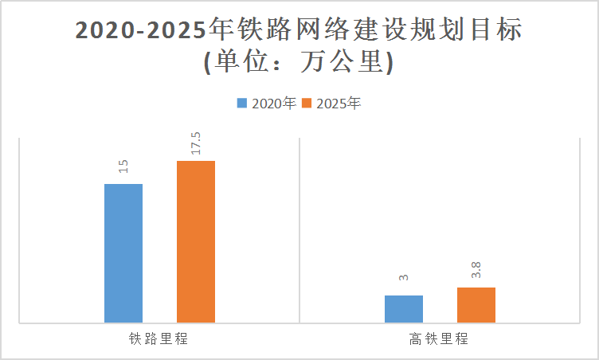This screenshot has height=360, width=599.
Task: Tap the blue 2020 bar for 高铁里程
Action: click(404, 309)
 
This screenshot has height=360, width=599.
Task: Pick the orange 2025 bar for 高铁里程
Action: click(476, 305)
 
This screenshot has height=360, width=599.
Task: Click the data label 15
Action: click(123, 166)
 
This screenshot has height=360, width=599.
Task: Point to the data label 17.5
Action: click(196, 143)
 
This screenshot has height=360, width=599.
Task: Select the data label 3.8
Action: click(476, 270)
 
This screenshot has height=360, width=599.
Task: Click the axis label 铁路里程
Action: click(159, 338)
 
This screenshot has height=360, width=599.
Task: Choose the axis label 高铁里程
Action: click(439, 338)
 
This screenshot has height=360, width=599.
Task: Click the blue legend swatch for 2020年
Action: click(242, 103)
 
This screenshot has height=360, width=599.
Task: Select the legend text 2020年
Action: click(274, 103)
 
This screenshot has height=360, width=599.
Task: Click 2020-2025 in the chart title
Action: click(139, 30)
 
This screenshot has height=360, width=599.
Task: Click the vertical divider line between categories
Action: click(299, 231)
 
